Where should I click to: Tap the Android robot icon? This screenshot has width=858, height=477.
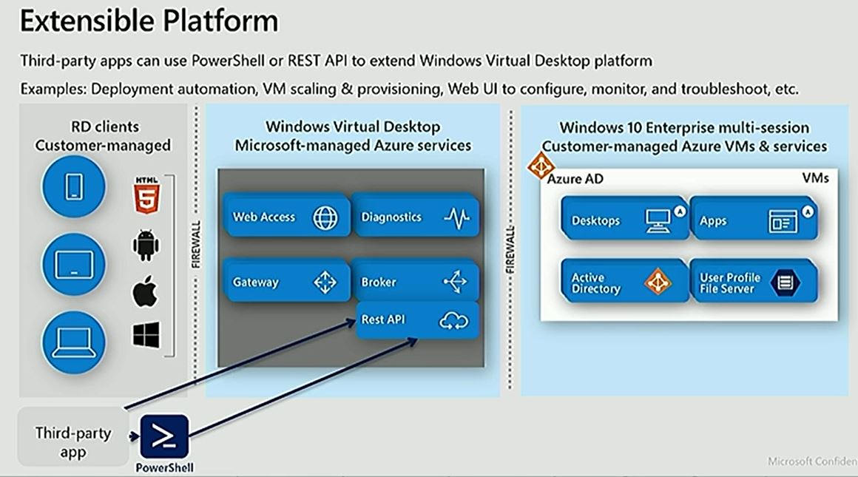click(146, 245)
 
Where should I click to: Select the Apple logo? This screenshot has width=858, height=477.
click(146, 292)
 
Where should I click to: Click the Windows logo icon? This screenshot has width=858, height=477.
click(146, 334)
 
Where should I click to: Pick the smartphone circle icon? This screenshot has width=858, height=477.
click(74, 187)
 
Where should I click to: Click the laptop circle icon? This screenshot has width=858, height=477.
click(74, 342)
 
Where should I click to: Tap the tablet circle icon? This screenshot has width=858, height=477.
click(74, 264)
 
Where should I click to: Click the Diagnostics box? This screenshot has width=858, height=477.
click(415, 217)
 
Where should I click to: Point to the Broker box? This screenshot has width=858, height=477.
click(415, 281)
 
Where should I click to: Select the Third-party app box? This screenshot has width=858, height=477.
click(72, 442)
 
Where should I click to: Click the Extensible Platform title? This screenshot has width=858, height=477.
click(149, 21)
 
